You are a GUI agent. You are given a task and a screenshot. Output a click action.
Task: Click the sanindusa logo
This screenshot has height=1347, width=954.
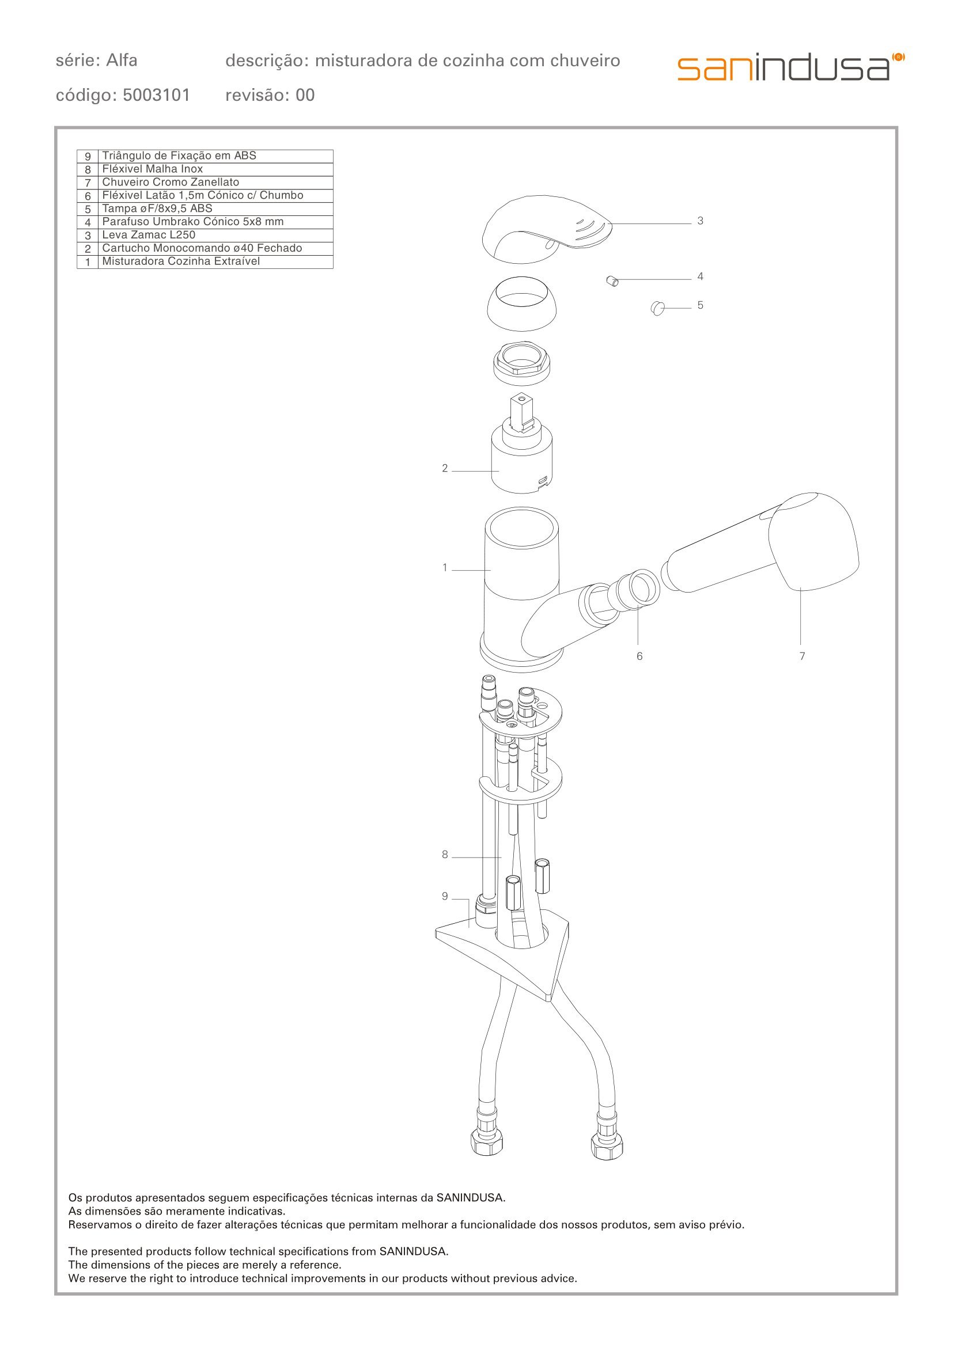coord(791,67)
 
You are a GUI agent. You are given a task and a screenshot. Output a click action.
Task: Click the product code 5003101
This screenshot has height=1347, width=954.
coord(156,95)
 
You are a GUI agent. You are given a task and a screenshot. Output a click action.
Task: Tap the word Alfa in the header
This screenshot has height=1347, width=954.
coord(122,60)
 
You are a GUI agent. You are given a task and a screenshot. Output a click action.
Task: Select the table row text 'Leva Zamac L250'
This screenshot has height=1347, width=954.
coord(149,235)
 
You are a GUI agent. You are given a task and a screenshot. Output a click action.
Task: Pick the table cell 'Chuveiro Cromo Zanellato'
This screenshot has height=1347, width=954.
coord(171,182)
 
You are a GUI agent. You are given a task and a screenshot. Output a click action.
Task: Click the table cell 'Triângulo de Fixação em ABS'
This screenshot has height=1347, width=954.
coord(179,155)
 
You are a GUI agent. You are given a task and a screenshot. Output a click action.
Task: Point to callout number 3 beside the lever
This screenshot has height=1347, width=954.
coord(700,221)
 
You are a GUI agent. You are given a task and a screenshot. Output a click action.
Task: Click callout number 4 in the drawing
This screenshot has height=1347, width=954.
coord(700,276)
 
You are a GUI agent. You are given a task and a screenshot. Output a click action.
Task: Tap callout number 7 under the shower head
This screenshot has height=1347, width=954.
coord(802,657)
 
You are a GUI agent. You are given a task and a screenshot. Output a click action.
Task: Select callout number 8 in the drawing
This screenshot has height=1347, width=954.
coord(445,855)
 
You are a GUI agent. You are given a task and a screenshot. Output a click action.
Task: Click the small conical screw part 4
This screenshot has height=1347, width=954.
coord(612,281)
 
